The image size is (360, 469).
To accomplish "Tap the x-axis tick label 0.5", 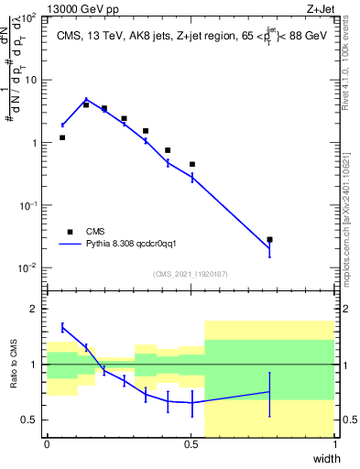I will click(191, 443).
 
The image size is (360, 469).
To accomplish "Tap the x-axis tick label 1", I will click(334, 443).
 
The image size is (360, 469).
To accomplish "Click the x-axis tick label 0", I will click(47, 443).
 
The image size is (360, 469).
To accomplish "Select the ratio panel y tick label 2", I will click(36, 309).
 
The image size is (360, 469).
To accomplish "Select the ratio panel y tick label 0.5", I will click(32, 420).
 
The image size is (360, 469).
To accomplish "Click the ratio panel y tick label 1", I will click(36, 365).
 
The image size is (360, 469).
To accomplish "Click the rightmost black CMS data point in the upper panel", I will click(269, 240).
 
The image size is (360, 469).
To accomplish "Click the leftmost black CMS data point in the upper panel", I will click(62, 137).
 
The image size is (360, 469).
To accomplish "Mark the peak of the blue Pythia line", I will click(86, 100).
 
